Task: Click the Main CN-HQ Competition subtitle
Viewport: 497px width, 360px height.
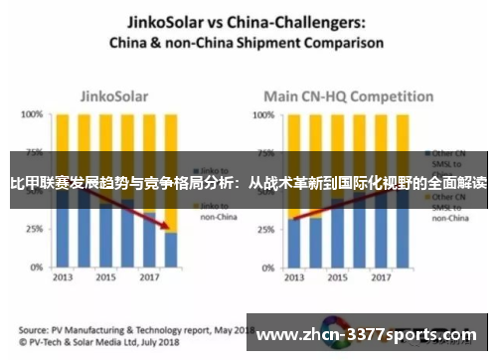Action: click(x=338, y=97)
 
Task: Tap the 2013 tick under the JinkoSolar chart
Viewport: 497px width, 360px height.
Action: click(x=62, y=277)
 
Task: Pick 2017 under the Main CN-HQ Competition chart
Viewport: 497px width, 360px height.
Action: click(x=383, y=277)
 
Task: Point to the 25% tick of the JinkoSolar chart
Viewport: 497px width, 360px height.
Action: click(x=32, y=229)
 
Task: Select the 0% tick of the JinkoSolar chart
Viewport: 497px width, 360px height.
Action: click(x=35, y=266)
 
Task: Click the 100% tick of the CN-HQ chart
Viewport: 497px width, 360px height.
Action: click(x=260, y=115)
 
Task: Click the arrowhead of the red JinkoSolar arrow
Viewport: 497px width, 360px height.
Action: click(x=163, y=228)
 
